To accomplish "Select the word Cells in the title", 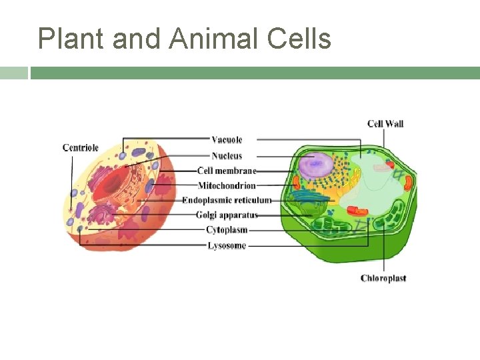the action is click(x=299, y=39).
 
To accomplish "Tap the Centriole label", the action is click(x=81, y=147).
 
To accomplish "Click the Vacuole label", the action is click(x=227, y=139).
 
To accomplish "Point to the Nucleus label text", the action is click(x=227, y=155).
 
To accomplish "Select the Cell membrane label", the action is click(x=227, y=171).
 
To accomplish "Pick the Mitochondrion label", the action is click(x=227, y=185).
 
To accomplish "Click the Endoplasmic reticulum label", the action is click(x=227, y=200).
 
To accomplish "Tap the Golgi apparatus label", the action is click(x=227, y=215).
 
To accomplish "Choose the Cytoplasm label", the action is click(x=227, y=230).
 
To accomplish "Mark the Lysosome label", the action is click(x=227, y=245).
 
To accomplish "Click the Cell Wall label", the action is click(x=385, y=123).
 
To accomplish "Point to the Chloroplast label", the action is click(x=383, y=278).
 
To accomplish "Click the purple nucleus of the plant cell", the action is click(x=315, y=165).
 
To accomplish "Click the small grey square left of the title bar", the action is click(x=13, y=73).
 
